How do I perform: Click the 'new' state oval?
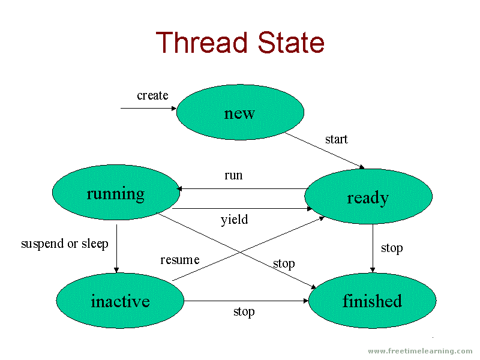click(240, 113)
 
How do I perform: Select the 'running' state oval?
click(116, 193)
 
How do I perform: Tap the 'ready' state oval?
click(368, 197)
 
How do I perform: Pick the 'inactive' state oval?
click(120, 301)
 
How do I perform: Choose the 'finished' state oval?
click(372, 301)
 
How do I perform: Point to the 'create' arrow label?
click(152, 95)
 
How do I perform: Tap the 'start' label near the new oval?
click(336, 139)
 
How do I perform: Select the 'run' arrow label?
click(233, 175)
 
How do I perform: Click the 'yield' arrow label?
click(234, 220)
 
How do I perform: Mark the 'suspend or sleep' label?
click(65, 244)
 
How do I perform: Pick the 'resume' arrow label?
click(179, 260)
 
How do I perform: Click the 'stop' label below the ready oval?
click(392, 248)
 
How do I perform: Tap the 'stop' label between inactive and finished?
click(244, 311)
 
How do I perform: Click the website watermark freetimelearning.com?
click(420, 351)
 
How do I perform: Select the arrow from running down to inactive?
click(116, 246)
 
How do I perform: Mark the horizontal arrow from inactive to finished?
click(246, 301)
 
